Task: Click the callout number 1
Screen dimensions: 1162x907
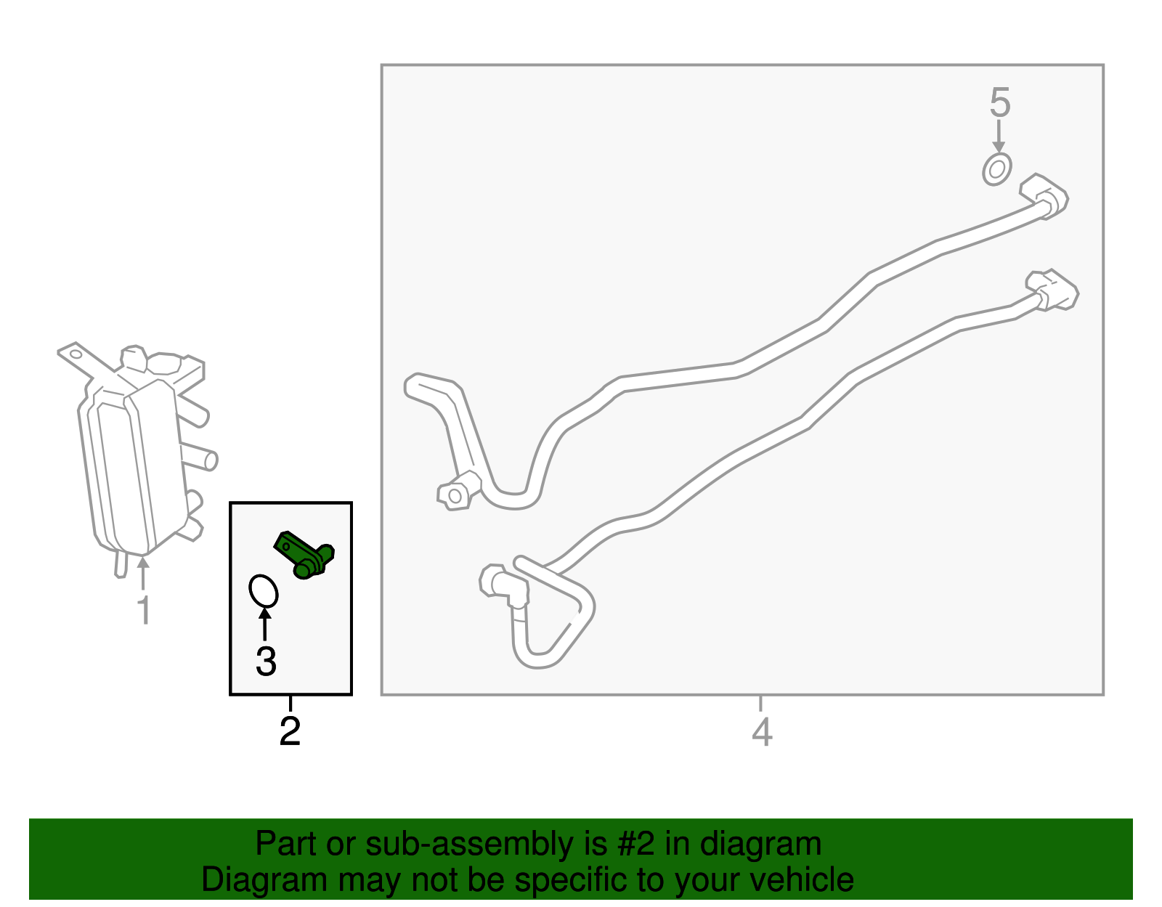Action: [144, 610]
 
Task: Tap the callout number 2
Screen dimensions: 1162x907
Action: [290, 731]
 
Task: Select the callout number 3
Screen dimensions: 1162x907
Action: [266, 662]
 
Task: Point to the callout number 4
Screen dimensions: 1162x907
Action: [762, 732]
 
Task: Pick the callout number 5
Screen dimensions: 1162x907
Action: [1000, 102]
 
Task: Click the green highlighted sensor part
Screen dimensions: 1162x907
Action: [304, 556]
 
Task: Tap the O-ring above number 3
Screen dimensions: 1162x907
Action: [264, 591]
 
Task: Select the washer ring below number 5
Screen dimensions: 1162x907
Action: [997, 169]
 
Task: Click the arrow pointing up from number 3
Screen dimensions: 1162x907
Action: [264, 625]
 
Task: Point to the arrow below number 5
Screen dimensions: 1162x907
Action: [999, 136]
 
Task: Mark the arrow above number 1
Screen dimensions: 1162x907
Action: [143, 573]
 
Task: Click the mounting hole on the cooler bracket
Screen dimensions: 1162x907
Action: [76, 354]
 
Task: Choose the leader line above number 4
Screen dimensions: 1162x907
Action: [760, 704]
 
